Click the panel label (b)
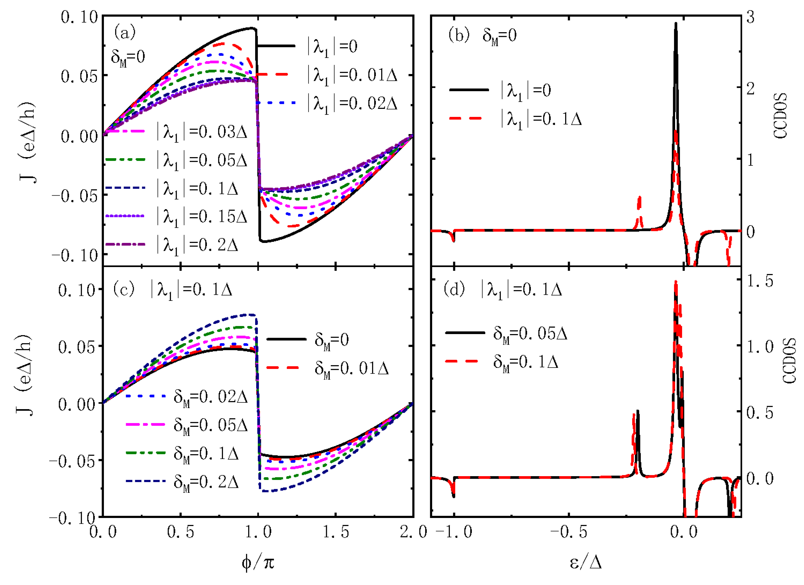(459, 35)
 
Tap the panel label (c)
(124, 289)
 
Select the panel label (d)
(454, 289)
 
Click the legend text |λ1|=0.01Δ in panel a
(352, 75)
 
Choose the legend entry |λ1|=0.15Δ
(201, 216)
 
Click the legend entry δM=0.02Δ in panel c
(210, 396)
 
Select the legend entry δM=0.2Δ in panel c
(206, 482)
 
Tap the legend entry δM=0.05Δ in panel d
(530, 334)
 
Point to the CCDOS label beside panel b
(780, 116)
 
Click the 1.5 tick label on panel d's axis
(759, 281)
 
